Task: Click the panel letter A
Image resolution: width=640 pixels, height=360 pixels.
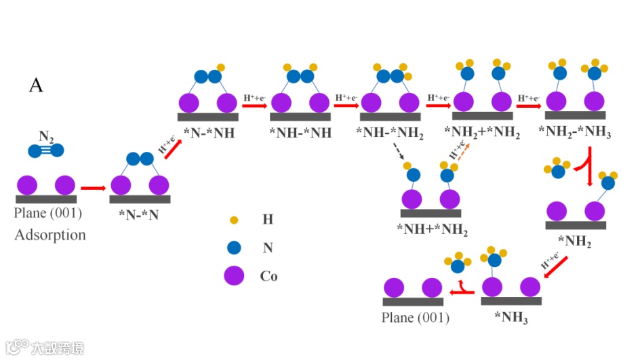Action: click(36, 85)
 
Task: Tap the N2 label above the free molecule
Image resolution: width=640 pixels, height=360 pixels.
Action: click(46, 136)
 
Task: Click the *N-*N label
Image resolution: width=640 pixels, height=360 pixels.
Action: click(138, 215)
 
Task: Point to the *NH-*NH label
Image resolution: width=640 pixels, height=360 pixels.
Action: click(300, 133)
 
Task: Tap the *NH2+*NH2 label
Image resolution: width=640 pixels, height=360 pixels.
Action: click(482, 133)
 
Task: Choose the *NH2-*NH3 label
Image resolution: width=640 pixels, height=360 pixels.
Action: click(575, 133)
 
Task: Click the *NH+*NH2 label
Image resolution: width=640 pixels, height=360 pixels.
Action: click(432, 228)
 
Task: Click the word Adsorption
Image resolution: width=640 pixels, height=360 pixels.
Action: click(50, 235)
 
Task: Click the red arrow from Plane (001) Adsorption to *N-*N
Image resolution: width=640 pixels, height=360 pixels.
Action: click(93, 187)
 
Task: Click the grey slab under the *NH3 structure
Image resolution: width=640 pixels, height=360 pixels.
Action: click(511, 300)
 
